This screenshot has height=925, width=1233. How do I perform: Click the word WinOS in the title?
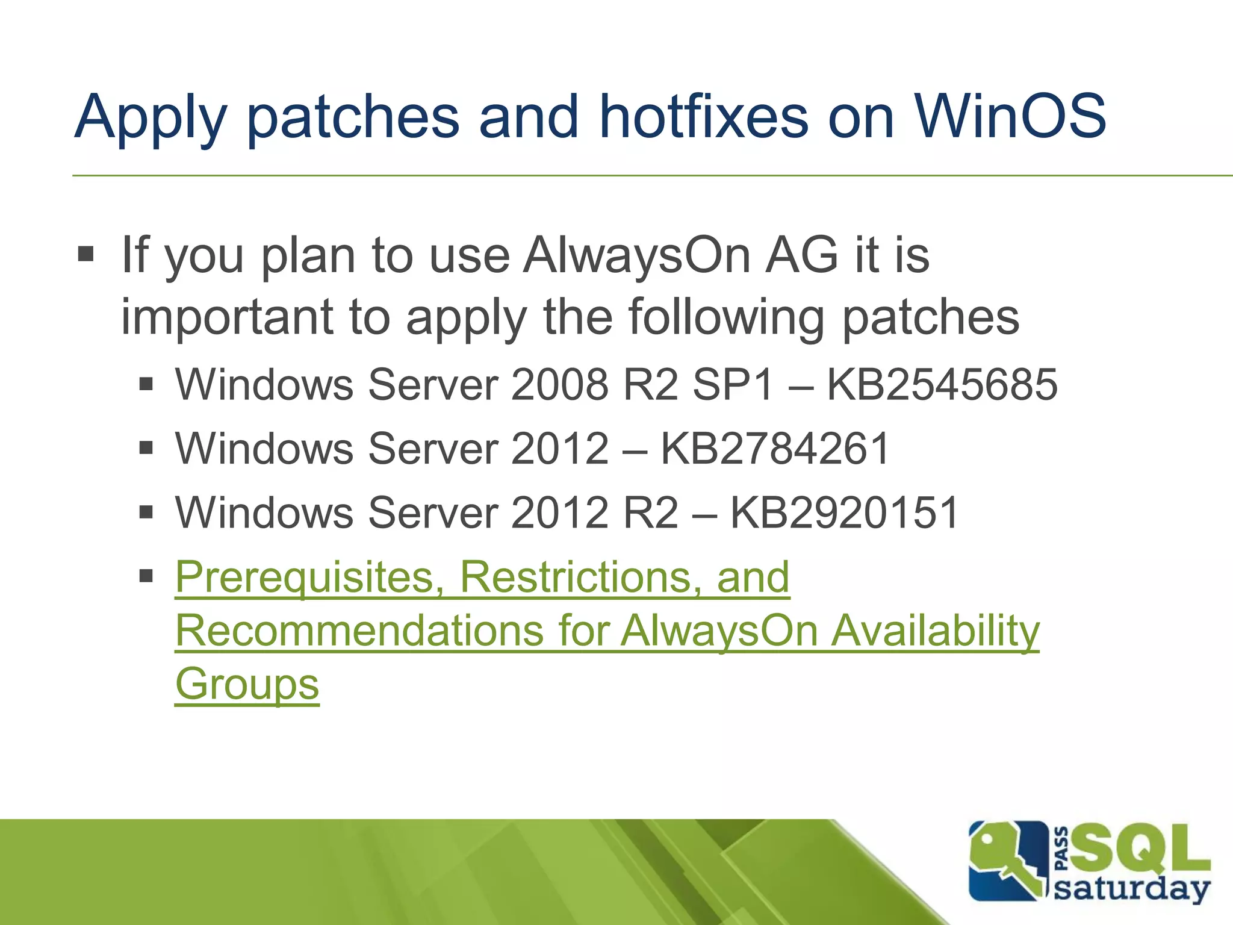(x=1010, y=116)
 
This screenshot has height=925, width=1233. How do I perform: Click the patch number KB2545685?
(x=942, y=384)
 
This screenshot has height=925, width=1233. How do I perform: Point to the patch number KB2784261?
(x=775, y=449)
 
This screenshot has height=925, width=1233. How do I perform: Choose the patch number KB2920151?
(x=844, y=512)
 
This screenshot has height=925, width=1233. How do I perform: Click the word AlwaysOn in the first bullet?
(x=637, y=255)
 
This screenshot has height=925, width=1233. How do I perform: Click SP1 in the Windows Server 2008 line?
(x=733, y=384)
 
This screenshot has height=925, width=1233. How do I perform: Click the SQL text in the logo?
(x=1139, y=848)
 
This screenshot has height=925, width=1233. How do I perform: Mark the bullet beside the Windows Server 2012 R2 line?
(x=146, y=512)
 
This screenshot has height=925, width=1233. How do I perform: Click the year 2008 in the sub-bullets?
(x=560, y=384)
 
